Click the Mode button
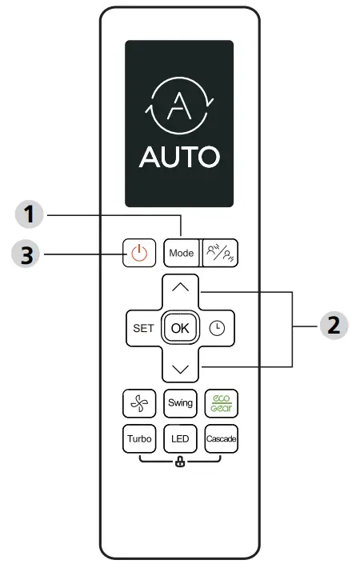click(181, 254)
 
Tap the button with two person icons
click(219, 254)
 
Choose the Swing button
click(180, 402)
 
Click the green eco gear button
click(220, 402)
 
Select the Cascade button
click(220, 439)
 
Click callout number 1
click(29, 215)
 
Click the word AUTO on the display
click(179, 158)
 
